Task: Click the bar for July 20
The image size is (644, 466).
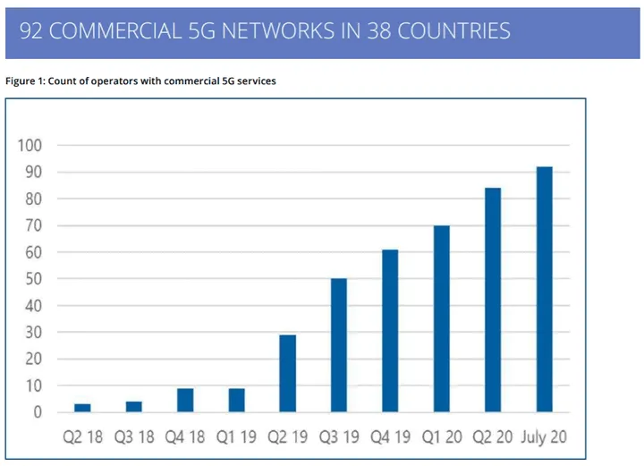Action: point(544,290)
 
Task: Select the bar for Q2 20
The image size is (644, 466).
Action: point(492,301)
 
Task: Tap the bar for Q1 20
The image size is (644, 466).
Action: point(441,319)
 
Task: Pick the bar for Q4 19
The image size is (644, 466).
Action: point(390,331)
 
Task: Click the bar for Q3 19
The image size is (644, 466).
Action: point(339,346)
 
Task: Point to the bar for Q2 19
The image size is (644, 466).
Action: point(287,374)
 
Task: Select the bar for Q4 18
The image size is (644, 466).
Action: point(185,401)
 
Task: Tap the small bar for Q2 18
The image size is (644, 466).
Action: point(82,408)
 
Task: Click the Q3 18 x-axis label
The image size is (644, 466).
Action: point(133,438)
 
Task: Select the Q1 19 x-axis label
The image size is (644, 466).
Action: point(236,438)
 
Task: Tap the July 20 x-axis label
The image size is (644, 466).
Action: point(543,438)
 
